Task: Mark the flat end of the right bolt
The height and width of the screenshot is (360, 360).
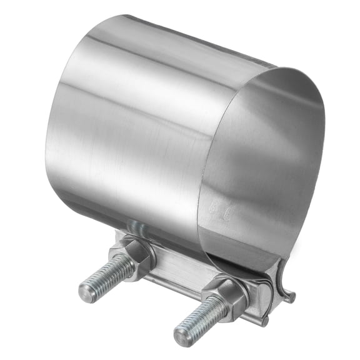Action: coord(182,336)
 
